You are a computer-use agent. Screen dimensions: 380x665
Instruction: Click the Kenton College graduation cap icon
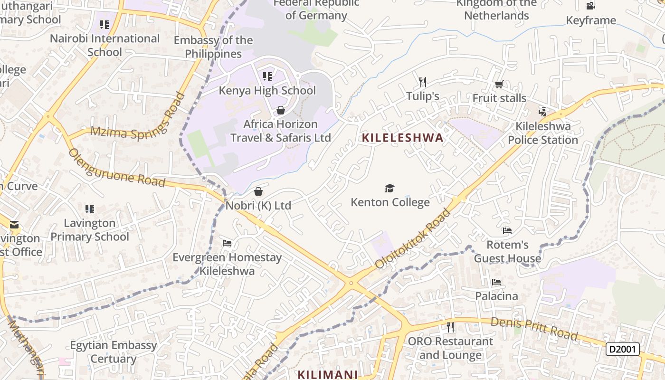pyautogui.click(x=390, y=189)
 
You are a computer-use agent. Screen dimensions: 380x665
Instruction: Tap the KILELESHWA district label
pyautogui.click(x=402, y=138)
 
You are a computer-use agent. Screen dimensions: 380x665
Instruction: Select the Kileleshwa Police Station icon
pyautogui.click(x=543, y=112)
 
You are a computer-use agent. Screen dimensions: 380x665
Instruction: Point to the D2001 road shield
pyautogui.click(x=623, y=349)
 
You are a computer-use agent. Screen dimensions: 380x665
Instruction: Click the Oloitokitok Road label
pyautogui.click(x=412, y=238)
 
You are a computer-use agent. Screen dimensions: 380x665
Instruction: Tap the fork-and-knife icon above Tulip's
pyautogui.click(x=423, y=82)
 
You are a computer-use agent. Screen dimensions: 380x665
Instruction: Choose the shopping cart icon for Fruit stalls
pyautogui.click(x=499, y=85)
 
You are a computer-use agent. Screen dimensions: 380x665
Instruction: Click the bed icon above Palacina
pyautogui.click(x=496, y=282)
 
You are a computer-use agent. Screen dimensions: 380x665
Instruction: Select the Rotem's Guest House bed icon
pyautogui.click(x=507, y=231)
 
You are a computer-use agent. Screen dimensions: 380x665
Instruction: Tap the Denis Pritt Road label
pyautogui.click(x=534, y=329)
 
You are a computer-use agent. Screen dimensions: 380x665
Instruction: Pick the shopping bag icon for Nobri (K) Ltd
pyautogui.click(x=258, y=191)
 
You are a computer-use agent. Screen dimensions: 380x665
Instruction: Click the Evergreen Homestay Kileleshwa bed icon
pyautogui.click(x=227, y=243)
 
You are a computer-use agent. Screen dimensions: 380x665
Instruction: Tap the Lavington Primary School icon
pyautogui.click(x=90, y=209)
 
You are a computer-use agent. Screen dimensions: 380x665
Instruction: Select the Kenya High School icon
pyautogui.click(x=267, y=76)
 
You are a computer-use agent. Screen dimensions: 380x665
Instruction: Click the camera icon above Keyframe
pyautogui.click(x=590, y=6)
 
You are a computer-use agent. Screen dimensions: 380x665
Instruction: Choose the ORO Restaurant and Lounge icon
pyautogui.click(x=450, y=327)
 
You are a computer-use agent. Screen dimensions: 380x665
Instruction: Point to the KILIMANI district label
pyautogui.click(x=328, y=374)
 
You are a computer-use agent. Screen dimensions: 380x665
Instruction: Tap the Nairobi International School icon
pyautogui.click(x=104, y=24)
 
